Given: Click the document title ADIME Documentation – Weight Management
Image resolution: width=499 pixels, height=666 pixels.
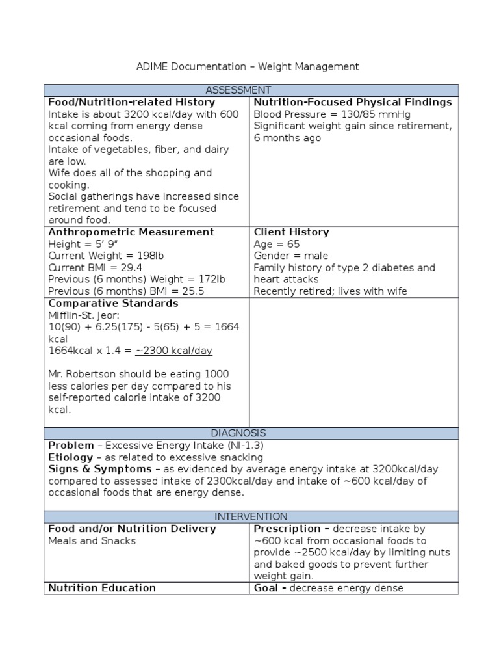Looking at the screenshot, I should click(247, 66).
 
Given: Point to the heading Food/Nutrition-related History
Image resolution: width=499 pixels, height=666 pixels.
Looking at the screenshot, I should click(132, 102).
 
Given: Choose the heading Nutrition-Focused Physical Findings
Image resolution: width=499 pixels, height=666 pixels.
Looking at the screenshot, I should click(352, 102).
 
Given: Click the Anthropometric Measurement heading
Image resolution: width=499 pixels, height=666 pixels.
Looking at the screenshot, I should click(131, 232).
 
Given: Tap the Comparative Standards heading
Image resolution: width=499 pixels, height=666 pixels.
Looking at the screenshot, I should click(113, 304).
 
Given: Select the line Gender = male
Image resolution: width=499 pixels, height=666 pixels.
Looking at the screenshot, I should click(290, 256).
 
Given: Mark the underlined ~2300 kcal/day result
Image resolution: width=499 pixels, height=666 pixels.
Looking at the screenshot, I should click(173, 351).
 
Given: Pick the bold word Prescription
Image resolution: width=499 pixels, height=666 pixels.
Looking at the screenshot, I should click(287, 529).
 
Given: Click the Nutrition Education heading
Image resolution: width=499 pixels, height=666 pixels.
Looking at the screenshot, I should click(102, 588).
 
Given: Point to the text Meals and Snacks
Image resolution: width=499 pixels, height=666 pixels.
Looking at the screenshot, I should click(92, 541).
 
